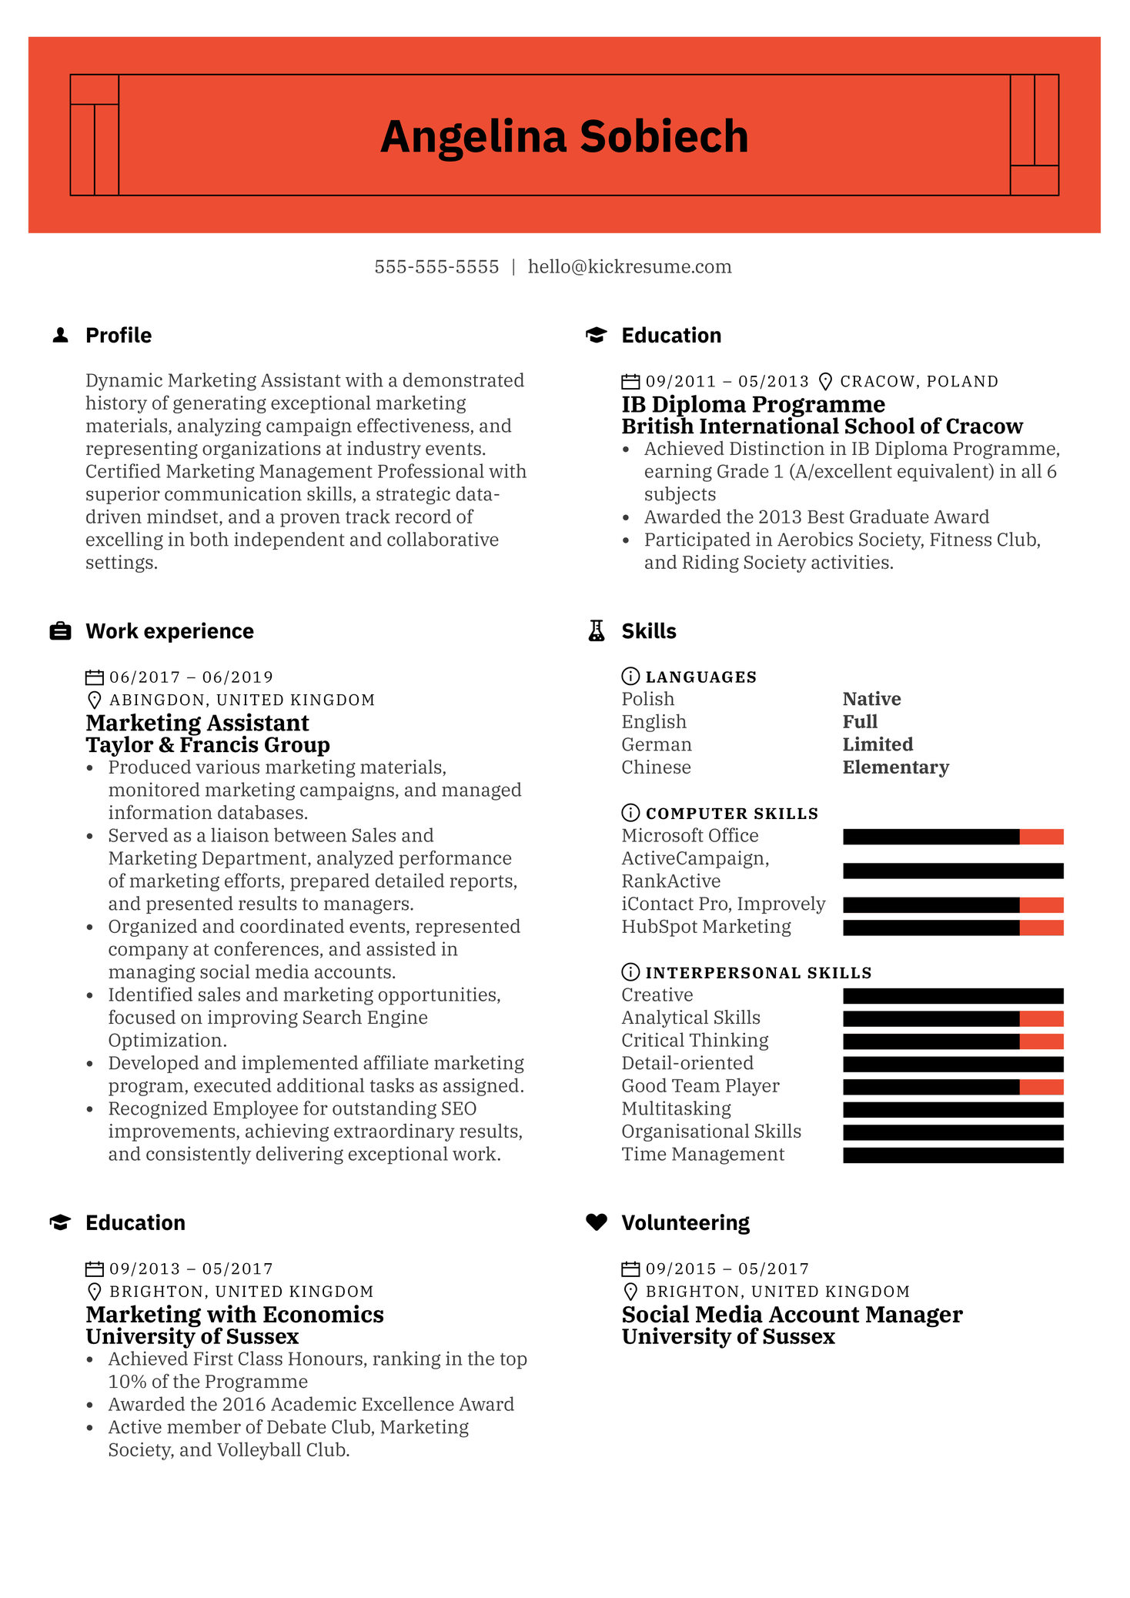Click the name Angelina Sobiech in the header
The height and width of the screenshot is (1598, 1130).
564,137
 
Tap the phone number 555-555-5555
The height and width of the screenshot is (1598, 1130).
436,267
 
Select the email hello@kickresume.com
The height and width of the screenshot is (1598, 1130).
630,267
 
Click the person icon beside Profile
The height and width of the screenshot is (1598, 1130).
60,336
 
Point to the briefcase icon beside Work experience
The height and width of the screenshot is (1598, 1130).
60,631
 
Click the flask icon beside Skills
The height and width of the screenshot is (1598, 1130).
597,631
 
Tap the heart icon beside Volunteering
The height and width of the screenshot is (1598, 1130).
597,1222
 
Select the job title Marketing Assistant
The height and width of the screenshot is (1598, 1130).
197,723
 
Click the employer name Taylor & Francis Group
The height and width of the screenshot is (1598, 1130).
208,745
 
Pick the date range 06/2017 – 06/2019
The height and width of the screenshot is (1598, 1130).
191,677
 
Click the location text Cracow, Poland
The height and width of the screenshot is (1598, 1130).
919,382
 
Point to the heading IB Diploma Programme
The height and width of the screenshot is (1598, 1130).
753,404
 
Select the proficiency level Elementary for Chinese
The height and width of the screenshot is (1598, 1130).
895,767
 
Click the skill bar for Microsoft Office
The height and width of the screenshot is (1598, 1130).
953,837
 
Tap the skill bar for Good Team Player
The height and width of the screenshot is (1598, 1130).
953,1087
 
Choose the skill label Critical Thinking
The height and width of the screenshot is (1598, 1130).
694,1041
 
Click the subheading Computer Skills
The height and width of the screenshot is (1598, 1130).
731,814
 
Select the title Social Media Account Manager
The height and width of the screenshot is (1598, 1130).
791,1315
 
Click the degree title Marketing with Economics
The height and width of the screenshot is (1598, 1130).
235,1315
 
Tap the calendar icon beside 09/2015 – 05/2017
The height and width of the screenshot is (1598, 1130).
630,1269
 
